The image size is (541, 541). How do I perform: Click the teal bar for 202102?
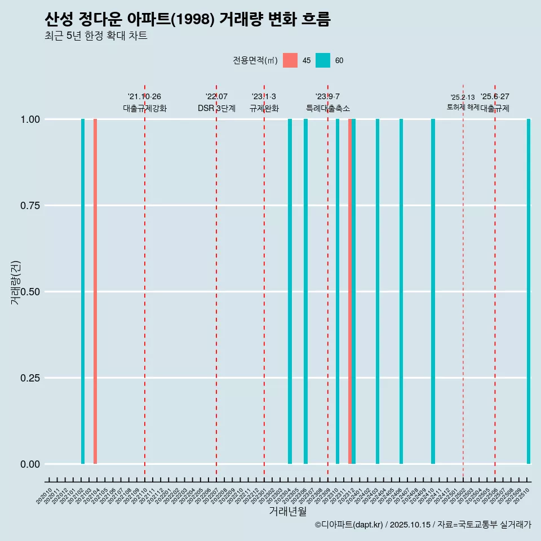(83, 291)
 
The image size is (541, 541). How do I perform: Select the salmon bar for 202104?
(95, 291)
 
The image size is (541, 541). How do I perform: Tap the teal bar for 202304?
(290, 291)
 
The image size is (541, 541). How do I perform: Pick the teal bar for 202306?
(305, 291)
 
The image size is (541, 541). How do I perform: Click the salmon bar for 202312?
(350, 291)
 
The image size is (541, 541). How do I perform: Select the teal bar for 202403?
(378, 291)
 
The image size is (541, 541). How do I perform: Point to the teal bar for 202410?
(433, 291)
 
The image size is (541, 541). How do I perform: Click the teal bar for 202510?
(529, 291)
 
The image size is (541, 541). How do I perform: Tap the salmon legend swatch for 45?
(290, 60)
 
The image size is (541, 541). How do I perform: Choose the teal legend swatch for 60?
(323, 60)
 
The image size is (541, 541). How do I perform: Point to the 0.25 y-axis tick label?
(28, 378)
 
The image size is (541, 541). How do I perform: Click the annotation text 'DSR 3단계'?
(216, 108)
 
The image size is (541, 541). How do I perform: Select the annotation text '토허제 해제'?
(463, 107)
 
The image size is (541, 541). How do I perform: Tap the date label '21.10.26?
(144, 97)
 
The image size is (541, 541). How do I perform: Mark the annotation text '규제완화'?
(264, 108)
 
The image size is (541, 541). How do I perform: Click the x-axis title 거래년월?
(287, 512)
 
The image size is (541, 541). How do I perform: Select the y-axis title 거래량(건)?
(16, 283)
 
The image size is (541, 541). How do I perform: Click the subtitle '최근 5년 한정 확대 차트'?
(96, 36)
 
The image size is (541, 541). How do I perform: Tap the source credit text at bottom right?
(423, 525)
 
